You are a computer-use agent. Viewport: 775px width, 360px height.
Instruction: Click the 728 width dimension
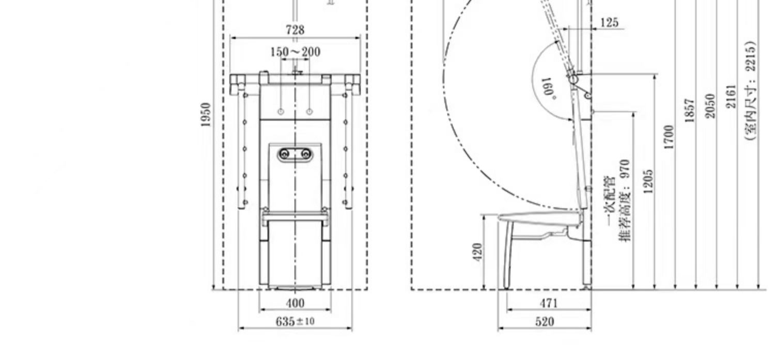[295, 30]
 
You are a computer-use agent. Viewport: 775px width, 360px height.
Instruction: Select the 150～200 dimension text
[295, 52]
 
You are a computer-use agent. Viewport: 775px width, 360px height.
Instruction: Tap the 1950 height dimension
[206, 115]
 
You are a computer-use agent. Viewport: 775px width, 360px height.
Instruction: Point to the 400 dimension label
[295, 303]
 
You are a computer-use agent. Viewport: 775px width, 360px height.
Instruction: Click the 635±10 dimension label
[295, 322]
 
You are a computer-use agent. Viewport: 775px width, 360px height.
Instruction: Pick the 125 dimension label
[609, 23]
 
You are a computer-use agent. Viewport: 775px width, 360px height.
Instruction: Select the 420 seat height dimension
[477, 252]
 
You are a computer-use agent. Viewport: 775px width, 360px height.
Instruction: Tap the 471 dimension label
[549, 303]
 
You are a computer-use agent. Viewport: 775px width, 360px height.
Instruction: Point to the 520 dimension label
[545, 322]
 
